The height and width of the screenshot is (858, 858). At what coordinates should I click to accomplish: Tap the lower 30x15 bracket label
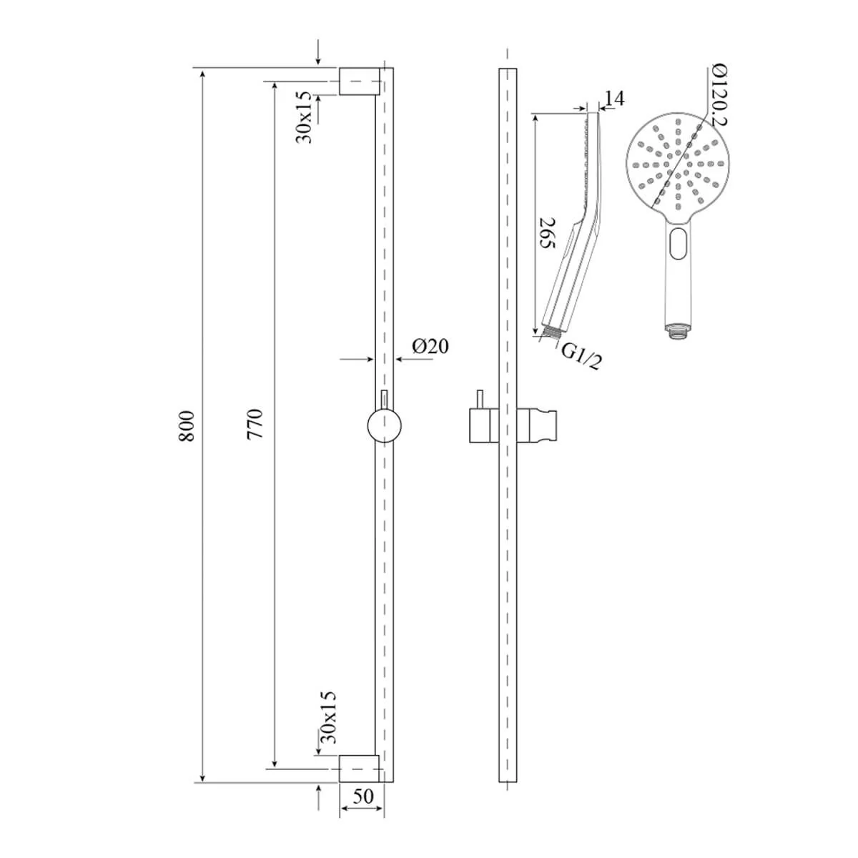(328, 716)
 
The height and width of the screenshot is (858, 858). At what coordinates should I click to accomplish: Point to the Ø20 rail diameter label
(430, 347)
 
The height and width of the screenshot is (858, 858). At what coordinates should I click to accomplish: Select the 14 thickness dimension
(614, 99)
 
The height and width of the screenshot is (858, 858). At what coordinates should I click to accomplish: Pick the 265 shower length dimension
(547, 232)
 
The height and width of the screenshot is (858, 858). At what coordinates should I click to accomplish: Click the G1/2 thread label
(581, 355)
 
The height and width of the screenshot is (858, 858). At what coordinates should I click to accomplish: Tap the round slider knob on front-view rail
(385, 428)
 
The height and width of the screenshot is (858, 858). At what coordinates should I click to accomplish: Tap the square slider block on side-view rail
(478, 427)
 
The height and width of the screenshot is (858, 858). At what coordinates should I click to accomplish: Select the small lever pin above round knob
(385, 399)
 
